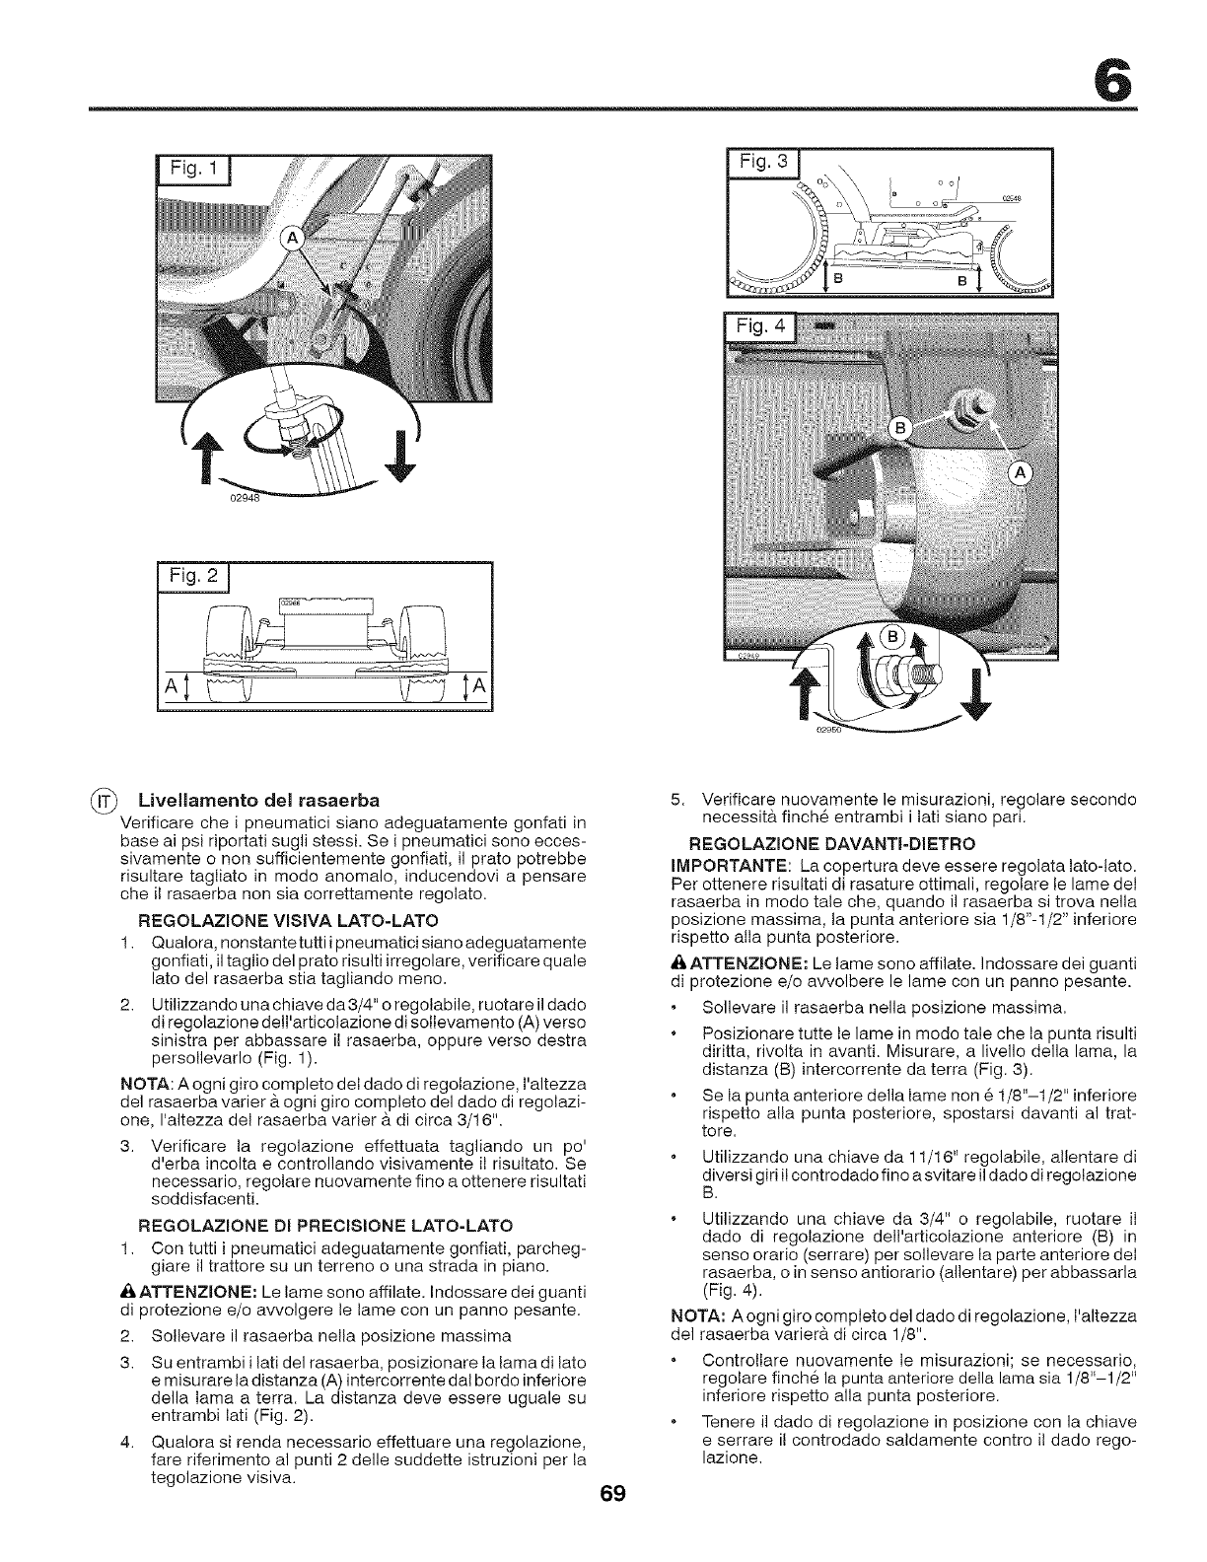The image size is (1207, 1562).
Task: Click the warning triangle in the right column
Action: [664, 960]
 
